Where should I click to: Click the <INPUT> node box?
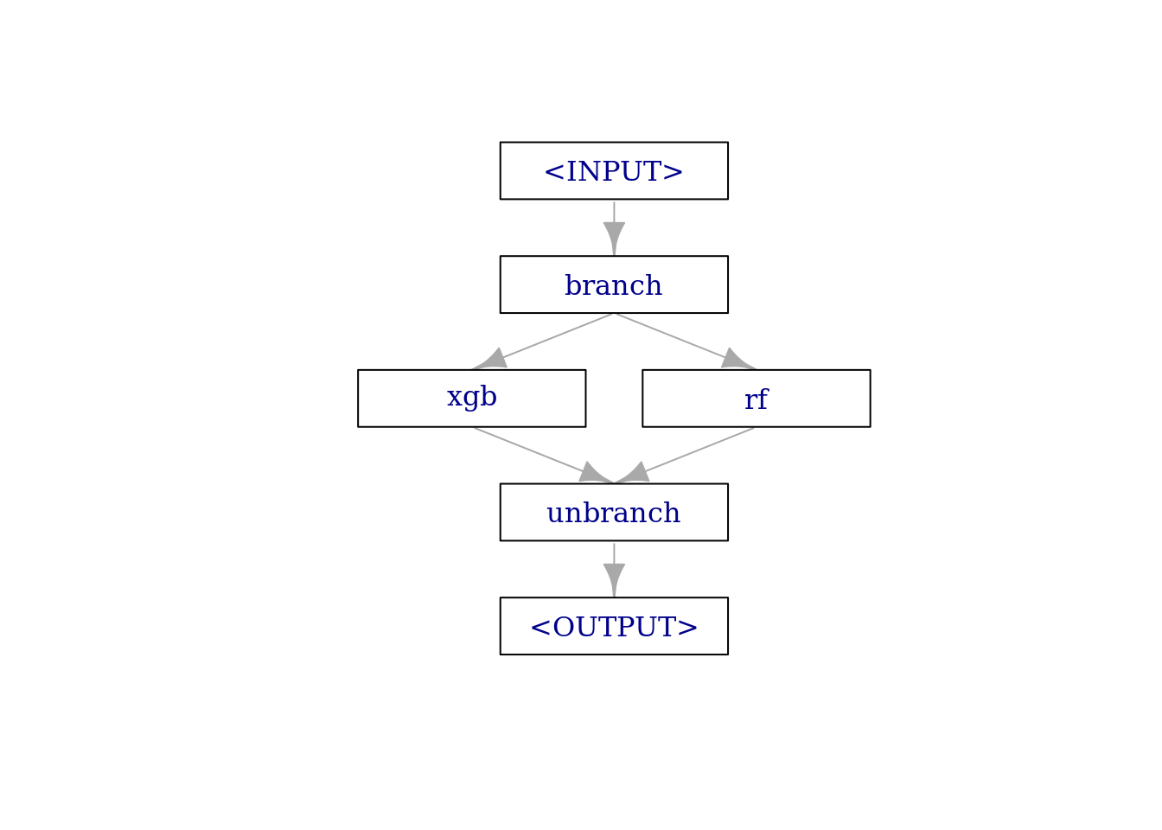click(x=614, y=170)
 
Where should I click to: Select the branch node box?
click(x=614, y=284)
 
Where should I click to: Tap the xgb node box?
click(x=471, y=399)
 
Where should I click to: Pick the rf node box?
click(x=757, y=399)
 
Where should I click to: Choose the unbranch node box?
click(x=614, y=512)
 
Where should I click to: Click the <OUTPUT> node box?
click(x=614, y=626)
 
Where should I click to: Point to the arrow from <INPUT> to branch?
click(x=614, y=228)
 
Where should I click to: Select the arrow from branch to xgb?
click(x=542, y=342)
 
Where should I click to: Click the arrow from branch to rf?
click(x=686, y=342)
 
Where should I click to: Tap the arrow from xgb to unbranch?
click(x=544, y=456)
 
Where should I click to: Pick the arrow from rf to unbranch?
click(x=684, y=456)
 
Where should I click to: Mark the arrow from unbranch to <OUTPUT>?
click(x=614, y=570)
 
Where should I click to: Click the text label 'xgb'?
click(x=471, y=398)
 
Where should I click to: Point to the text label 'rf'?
click(x=757, y=399)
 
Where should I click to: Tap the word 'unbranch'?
click(x=613, y=512)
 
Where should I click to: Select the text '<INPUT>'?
click(x=614, y=171)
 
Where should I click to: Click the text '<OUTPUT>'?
click(x=614, y=627)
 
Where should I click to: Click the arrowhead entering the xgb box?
click(x=490, y=360)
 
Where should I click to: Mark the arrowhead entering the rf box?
click(x=737, y=360)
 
